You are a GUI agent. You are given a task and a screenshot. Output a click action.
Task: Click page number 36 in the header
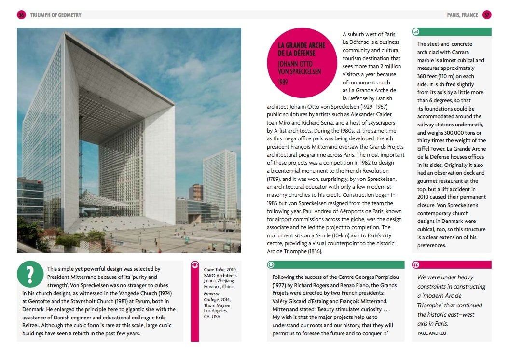point(21,15)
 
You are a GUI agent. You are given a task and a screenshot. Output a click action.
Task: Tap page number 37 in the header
point(487,15)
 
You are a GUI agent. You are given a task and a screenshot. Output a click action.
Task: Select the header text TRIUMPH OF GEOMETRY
point(56,15)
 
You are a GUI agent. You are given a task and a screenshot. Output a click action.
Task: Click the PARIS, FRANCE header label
point(462,15)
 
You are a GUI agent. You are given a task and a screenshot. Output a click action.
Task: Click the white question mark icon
point(30,275)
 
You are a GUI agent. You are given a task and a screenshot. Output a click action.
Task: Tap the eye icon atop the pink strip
point(195,264)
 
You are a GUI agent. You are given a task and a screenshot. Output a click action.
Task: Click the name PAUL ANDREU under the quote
point(432,333)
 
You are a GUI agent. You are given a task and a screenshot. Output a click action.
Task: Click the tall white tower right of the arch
point(219,179)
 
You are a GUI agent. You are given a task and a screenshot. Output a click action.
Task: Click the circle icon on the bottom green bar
point(271,265)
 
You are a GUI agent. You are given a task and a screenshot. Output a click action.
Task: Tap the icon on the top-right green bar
point(416,32)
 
